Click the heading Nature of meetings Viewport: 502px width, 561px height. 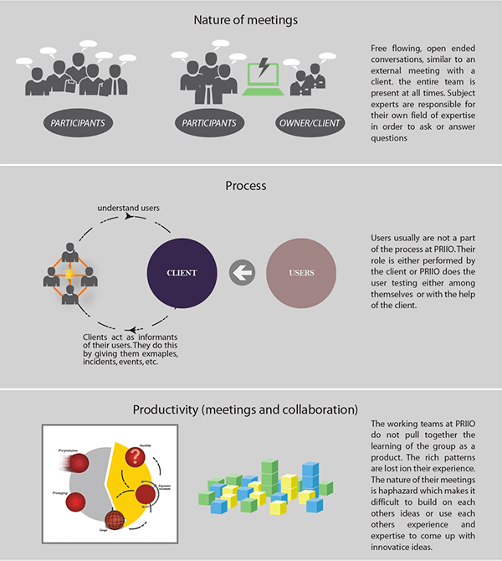pos(250,18)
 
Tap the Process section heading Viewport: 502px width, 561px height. pos(250,183)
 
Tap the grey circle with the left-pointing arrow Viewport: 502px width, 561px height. pos(242,273)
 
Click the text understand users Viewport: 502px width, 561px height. pos(129,207)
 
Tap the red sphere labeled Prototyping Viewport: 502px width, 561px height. pos(77,502)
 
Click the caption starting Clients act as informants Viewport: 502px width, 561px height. pos(122,349)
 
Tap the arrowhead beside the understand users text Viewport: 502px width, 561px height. pos(128,217)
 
